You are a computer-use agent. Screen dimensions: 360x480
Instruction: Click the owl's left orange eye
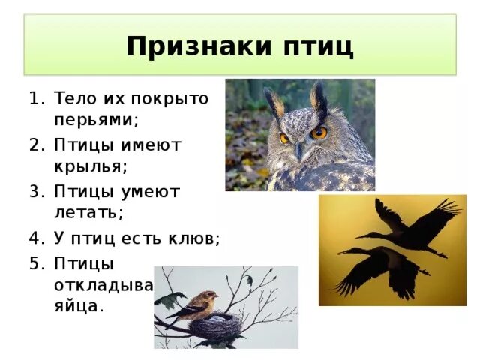point(285,139)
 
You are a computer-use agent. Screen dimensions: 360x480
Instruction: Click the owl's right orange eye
point(319,133)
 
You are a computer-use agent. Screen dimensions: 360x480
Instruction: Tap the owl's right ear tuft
point(322,97)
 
